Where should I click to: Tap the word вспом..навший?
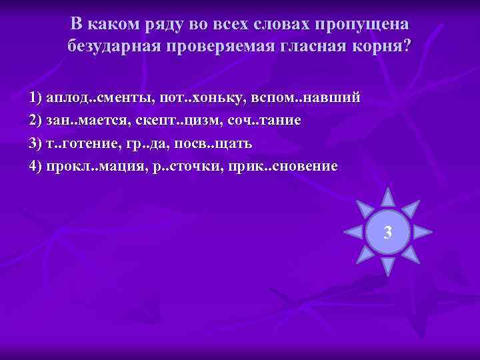pyautogui.click(x=307, y=98)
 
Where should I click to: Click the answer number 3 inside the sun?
pyautogui.click(x=387, y=233)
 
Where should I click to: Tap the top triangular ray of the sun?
pyautogui.click(x=387, y=197)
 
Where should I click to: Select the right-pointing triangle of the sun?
pyautogui.click(x=423, y=233)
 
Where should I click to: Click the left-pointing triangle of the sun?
pyautogui.click(x=352, y=233)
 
